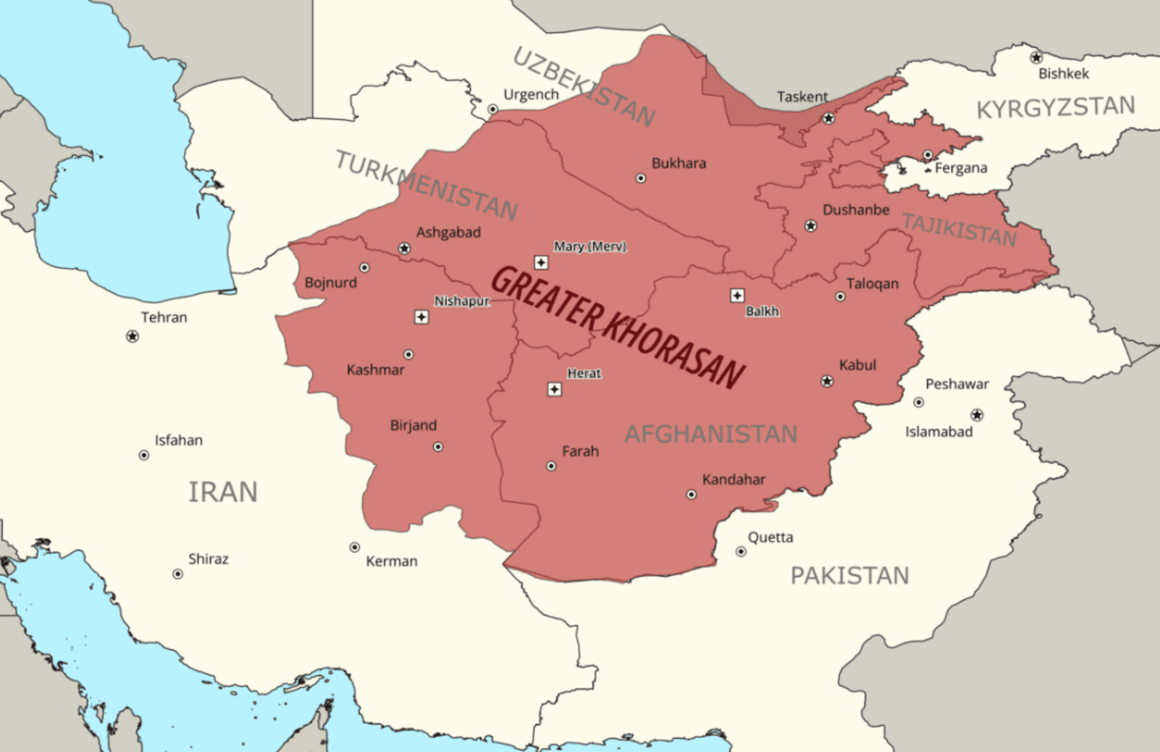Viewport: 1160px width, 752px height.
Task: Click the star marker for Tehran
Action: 132,336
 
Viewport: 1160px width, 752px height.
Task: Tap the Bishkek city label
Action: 1063,73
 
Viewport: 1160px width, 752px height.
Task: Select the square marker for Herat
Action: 554,389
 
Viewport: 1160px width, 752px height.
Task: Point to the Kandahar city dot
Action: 691,494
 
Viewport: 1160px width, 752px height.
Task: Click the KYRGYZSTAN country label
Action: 1055,107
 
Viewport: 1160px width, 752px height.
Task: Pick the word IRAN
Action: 223,492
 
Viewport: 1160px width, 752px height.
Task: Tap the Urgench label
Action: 531,94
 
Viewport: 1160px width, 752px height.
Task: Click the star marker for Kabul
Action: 827,381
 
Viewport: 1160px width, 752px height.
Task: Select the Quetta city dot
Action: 741,551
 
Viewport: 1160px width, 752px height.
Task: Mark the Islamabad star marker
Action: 977,415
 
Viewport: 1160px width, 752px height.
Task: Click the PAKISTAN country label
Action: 849,575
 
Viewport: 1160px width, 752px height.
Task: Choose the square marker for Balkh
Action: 737,296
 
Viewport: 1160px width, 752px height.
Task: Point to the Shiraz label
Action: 208,559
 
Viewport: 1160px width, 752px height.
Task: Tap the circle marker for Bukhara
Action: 641,178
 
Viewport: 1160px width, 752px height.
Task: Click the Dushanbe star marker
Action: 810,225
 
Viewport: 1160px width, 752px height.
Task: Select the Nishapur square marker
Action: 421,317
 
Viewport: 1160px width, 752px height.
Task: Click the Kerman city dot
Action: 355,547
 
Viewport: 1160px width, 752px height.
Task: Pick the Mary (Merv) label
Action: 590,246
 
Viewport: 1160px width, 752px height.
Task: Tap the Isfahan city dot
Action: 144,455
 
